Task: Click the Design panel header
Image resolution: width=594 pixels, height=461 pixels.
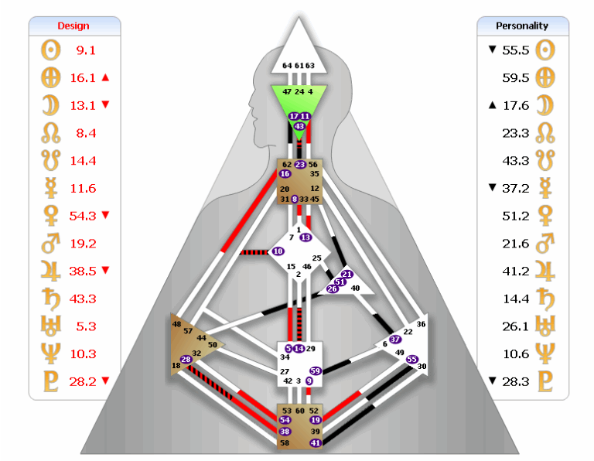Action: pyautogui.click(x=73, y=26)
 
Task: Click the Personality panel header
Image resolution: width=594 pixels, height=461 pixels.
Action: pyautogui.click(x=522, y=26)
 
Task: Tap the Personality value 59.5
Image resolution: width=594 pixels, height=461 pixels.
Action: pyautogui.click(x=515, y=77)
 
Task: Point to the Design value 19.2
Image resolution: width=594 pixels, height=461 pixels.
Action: pyautogui.click(x=85, y=243)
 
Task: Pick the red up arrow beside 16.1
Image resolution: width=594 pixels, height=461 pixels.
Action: pyautogui.click(x=105, y=77)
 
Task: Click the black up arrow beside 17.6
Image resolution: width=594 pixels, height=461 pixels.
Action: pyautogui.click(x=491, y=104)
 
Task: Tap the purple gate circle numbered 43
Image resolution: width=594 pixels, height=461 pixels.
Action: pyautogui.click(x=299, y=126)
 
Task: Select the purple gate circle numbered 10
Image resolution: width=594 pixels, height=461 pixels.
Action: pyautogui.click(x=278, y=251)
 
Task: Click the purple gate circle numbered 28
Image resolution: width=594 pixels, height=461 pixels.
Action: pyautogui.click(x=186, y=359)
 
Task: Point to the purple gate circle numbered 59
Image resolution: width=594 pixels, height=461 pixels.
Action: pyautogui.click(x=315, y=371)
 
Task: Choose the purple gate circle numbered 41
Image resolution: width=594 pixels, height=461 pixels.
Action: pyautogui.click(x=315, y=443)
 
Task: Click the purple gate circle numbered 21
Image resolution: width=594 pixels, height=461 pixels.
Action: pyautogui.click(x=346, y=275)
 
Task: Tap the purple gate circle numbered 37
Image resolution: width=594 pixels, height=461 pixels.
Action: pyautogui.click(x=395, y=339)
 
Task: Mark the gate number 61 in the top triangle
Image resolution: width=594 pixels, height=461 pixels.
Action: pyautogui.click(x=299, y=66)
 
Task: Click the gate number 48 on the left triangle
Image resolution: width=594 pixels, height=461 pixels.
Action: pyautogui.click(x=177, y=324)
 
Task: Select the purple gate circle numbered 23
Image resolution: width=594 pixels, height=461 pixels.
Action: pyautogui.click(x=300, y=164)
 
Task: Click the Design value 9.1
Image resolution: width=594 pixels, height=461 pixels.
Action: pyautogui.click(x=85, y=50)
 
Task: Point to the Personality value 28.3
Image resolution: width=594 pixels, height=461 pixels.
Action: pyautogui.click(x=515, y=381)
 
